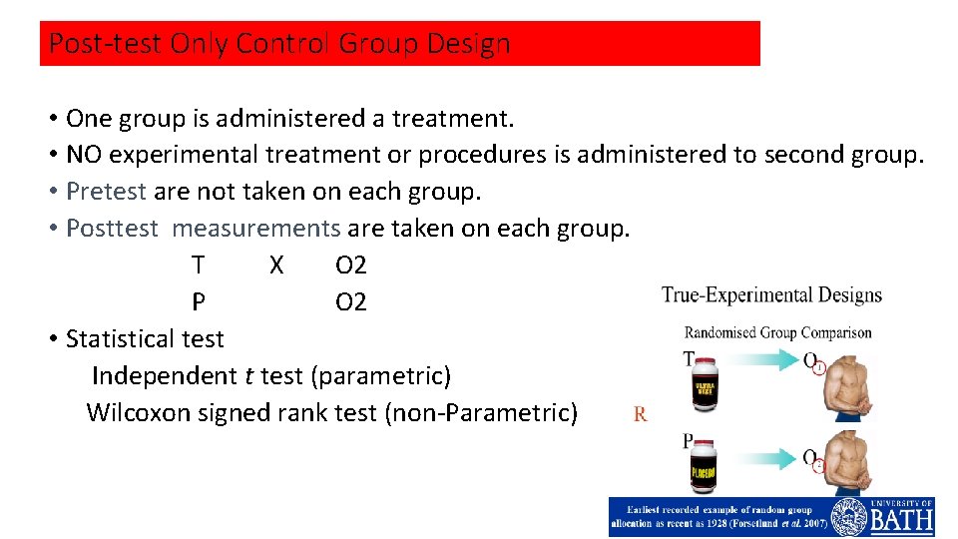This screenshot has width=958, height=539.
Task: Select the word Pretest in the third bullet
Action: pyautogui.click(x=106, y=192)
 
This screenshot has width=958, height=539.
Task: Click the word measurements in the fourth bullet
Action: pyautogui.click(x=256, y=229)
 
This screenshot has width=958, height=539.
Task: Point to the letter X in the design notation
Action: pyautogui.click(x=276, y=266)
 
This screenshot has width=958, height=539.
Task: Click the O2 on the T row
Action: pyautogui.click(x=351, y=266)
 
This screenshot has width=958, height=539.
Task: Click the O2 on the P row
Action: pyautogui.click(x=351, y=302)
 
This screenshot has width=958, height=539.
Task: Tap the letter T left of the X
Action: pyautogui.click(x=199, y=266)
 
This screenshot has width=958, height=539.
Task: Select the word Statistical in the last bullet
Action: pyautogui.click(x=119, y=339)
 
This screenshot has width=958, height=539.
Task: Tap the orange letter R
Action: pyautogui.click(x=640, y=414)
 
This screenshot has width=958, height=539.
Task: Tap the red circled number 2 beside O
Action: pyautogui.click(x=819, y=466)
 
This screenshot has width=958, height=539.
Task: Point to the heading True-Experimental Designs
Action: pyautogui.click(x=771, y=295)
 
